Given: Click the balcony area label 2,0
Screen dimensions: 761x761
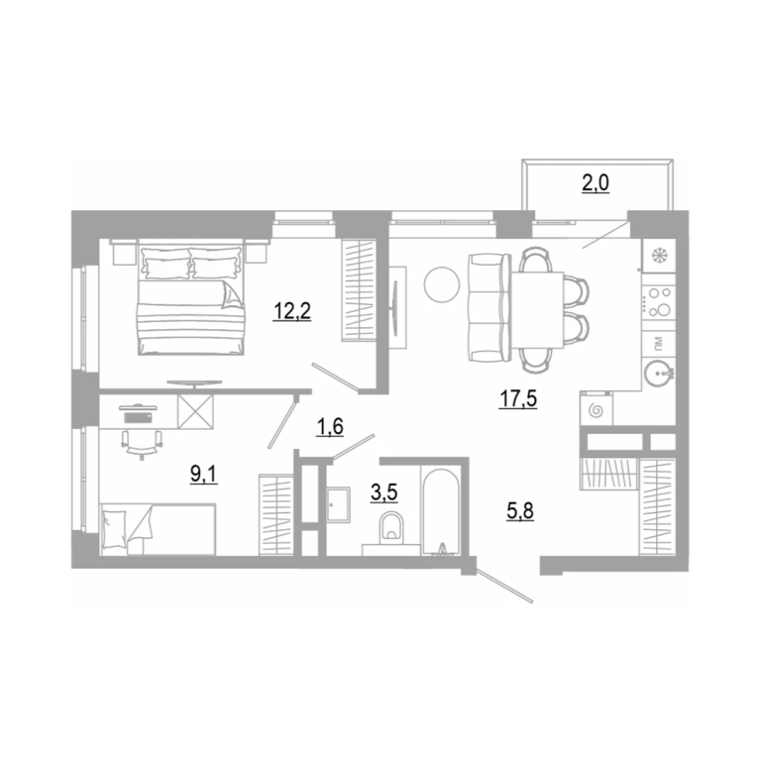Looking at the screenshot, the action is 596,183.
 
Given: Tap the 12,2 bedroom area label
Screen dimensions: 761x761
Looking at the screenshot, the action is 291,311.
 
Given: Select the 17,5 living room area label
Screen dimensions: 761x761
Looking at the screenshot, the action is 518,399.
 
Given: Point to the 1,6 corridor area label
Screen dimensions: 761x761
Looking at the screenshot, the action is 330,427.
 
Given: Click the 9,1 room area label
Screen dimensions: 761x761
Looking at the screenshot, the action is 204,474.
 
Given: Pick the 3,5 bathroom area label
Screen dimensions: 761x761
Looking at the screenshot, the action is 383,492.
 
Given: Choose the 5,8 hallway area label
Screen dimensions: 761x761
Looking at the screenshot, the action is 520,511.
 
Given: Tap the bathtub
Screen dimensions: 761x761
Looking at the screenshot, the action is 441,511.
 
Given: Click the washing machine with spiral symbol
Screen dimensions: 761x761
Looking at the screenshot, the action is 596,408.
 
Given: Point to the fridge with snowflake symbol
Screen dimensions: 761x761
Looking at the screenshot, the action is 659,256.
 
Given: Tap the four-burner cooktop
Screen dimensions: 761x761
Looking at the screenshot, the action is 659,301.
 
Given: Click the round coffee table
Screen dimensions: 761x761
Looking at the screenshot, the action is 442,285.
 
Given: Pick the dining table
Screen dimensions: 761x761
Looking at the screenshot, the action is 537,310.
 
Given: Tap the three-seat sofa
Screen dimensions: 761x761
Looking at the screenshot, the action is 489,308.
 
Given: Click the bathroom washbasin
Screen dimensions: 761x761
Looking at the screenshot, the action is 338,504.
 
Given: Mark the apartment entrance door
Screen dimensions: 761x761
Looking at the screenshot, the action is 504,587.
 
